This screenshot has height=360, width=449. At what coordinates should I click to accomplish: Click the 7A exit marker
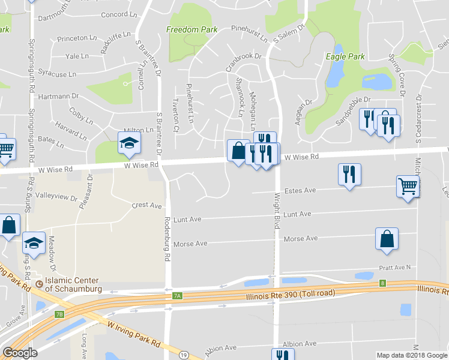(176, 296)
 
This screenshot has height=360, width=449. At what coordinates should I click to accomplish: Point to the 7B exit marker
(59, 314)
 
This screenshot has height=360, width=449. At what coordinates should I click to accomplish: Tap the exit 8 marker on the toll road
(382, 283)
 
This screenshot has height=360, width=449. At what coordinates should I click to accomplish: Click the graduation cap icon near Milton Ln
(128, 142)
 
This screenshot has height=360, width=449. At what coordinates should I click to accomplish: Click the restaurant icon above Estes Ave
(349, 174)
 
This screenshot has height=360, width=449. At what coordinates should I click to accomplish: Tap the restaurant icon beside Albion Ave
(280, 355)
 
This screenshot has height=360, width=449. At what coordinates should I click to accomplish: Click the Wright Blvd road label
(277, 210)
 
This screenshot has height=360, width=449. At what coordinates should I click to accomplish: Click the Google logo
(20, 353)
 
